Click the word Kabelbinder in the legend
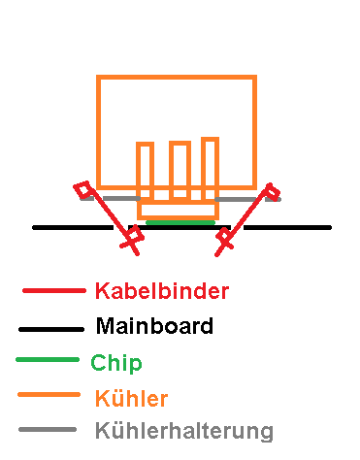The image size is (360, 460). point(162,290)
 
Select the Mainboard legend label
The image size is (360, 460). point(154,325)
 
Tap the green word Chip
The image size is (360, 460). point(116,364)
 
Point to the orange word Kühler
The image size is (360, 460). point(132,398)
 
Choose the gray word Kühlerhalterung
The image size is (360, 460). point(184,431)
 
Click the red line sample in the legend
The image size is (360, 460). point(54,291)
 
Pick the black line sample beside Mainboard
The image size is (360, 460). point(51,329)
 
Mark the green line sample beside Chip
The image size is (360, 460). point(48,360)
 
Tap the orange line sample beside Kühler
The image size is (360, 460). point(49,395)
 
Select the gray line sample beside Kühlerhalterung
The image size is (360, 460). point(48,430)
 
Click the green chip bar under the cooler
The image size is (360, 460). point(180,222)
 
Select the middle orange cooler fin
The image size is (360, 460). point(180,170)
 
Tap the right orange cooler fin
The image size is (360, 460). point(211,169)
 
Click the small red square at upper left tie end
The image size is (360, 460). point(82,189)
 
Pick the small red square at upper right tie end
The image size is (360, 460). point(272,191)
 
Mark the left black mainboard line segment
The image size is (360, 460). point(73,228)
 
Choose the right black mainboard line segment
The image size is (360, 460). point(287,228)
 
